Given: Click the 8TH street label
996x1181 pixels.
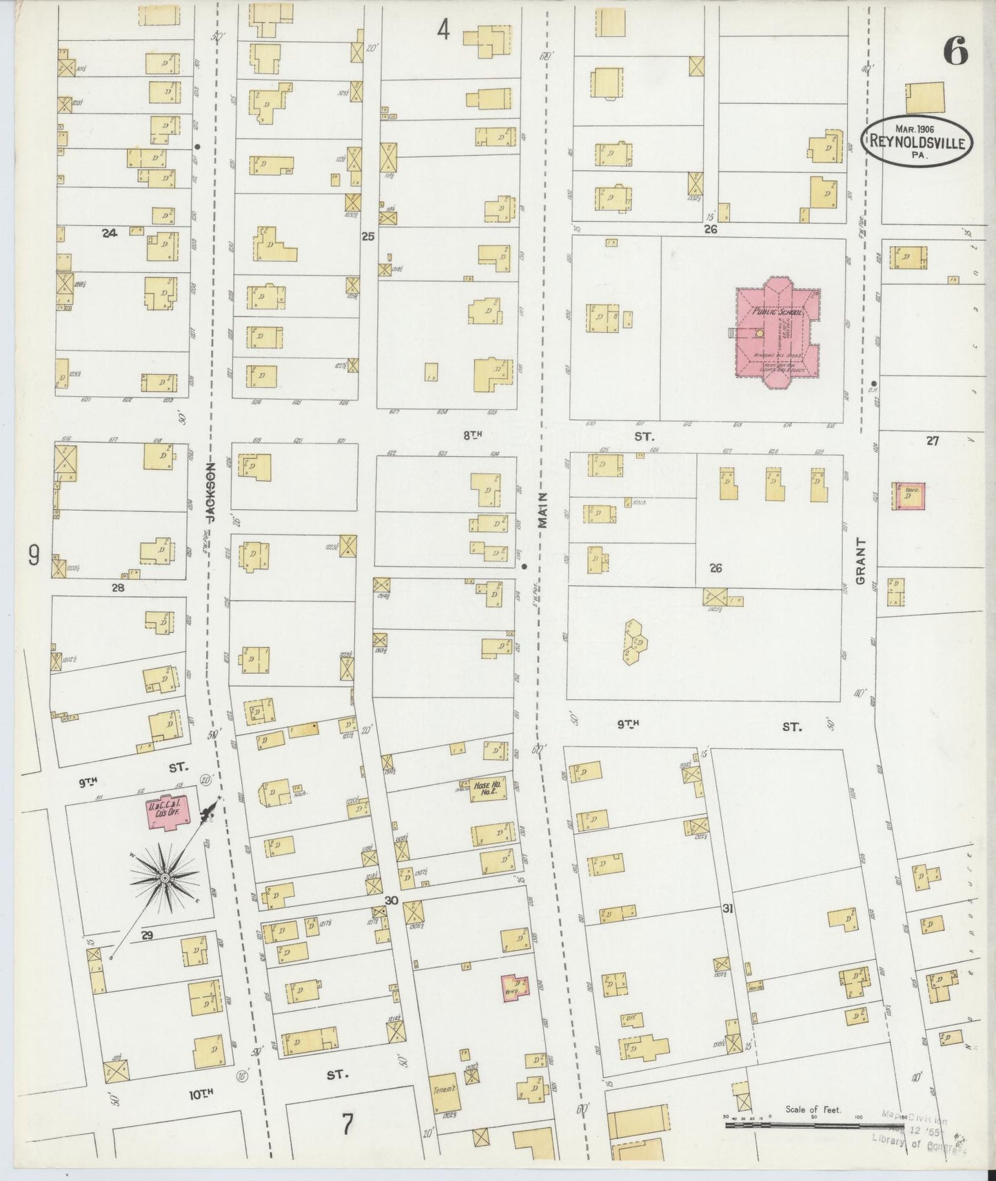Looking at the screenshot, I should pos(471,435).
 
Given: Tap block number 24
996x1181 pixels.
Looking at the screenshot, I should pos(109,234).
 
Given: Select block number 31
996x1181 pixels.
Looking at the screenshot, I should pos(727,909).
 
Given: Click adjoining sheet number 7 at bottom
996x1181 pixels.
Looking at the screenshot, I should pos(347,1125).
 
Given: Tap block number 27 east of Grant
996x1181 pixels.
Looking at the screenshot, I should pos(932,441).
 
